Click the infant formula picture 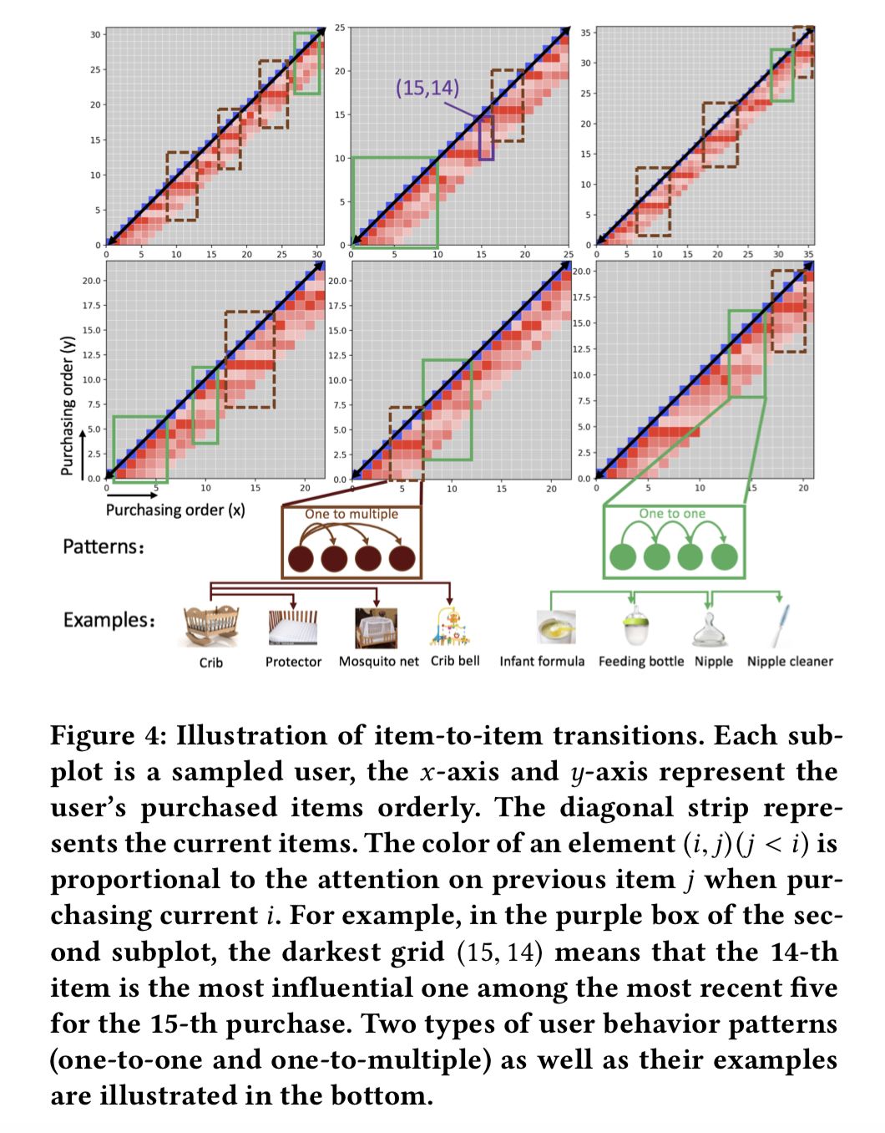click(556, 627)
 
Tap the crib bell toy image click(451, 627)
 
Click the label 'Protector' click(293, 662)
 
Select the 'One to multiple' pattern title click(351, 514)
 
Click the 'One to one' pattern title click(672, 514)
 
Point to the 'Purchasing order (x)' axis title click(175, 510)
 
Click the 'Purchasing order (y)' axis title click(68, 406)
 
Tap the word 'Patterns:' click(104, 547)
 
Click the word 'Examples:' click(109, 620)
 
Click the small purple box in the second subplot click(486, 138)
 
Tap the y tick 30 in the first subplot click(95, 34)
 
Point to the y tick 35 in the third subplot click(586, 33)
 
